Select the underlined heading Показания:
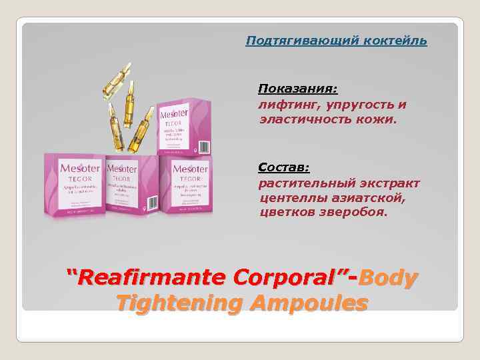pyautogui.click(x=298, y=89)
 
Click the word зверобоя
pyautogui.click(x=356, y=213)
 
